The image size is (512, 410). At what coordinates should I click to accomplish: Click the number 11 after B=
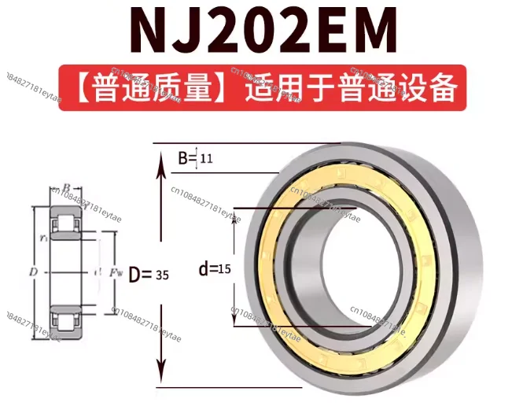[x=207, y=159]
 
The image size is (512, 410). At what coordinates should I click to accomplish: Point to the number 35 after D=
[x=162, y=275]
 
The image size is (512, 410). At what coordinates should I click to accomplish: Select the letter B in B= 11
[x=182, y=158]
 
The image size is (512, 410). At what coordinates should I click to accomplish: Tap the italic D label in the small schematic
[x=33, y=271]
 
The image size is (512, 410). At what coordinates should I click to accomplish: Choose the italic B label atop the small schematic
[x=67, y=187]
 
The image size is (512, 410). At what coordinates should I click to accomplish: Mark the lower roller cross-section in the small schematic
[x=67, y=322]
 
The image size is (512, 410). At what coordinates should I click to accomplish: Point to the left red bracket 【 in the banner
[x=76, y=88]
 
